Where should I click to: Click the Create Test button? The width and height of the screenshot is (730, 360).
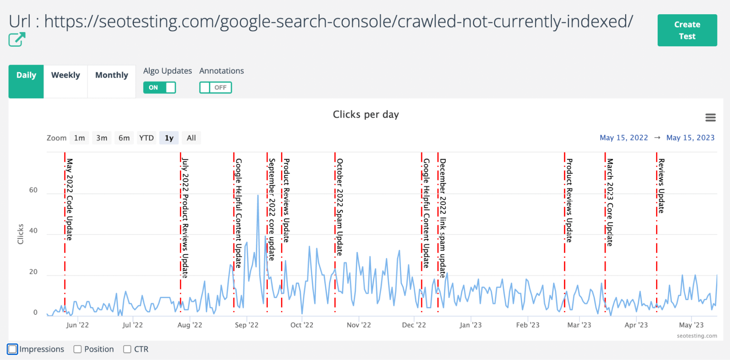(687, 30)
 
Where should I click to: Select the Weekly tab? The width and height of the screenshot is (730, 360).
(65, 75)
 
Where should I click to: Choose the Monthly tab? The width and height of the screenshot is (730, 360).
(111, 75)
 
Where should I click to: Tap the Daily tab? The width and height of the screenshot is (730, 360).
(26, 75)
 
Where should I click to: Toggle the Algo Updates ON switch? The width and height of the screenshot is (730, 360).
(160, 88)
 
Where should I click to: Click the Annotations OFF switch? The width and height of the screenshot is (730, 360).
(215, 88)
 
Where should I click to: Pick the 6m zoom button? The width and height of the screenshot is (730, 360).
(124, 138)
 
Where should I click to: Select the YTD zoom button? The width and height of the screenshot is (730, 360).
(146, 138)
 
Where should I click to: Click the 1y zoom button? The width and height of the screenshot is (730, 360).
(169, 138)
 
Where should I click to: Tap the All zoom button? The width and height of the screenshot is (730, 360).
(191, 138)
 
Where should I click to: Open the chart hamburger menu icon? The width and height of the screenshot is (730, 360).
(710, 118)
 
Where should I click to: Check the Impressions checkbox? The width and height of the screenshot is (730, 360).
(12, 349)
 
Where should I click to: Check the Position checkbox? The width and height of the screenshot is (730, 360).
(77, 349)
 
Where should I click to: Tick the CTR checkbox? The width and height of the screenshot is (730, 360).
(127, 349)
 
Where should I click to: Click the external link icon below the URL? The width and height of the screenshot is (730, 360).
(17, 39)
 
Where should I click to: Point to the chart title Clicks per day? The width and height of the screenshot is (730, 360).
(366, 115)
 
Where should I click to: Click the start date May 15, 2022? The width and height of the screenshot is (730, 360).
(623, 138)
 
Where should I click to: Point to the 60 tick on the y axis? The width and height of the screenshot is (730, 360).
(33, 190)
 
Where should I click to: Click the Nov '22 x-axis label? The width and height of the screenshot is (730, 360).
(359, 325)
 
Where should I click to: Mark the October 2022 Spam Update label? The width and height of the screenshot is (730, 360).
(340, 207)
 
